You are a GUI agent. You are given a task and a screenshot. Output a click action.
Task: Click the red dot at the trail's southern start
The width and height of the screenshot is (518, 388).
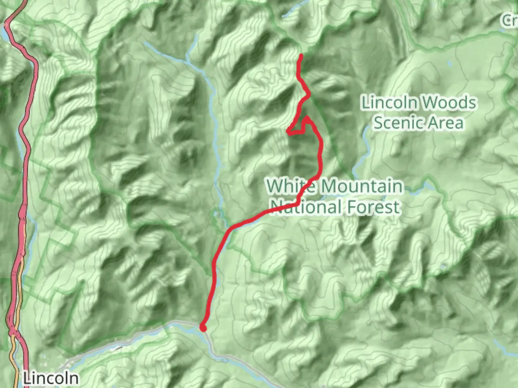point(203,328)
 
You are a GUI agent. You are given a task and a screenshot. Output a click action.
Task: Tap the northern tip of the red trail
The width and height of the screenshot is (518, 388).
point(300,55)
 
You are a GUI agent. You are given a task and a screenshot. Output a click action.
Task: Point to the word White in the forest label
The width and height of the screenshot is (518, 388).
point(291,186)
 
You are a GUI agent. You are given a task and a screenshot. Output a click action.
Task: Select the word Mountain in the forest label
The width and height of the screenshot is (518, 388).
point(362,186)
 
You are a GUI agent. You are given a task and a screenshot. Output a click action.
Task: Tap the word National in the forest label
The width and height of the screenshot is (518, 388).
point(306,207)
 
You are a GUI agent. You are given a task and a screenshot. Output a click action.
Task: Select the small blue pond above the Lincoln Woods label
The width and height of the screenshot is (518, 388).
point(449,64)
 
